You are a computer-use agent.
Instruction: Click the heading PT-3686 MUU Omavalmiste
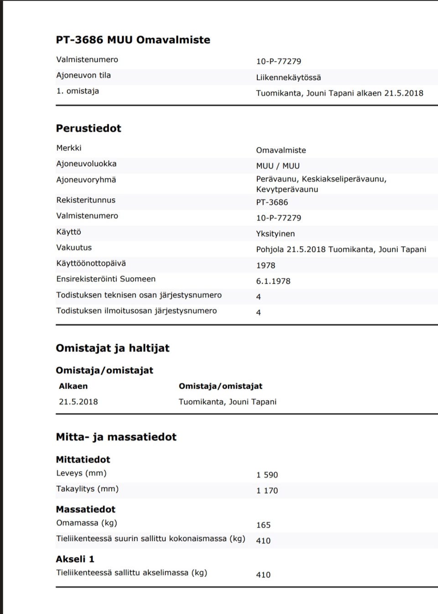point(133,40)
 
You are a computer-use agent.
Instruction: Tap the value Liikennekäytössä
point(288,78)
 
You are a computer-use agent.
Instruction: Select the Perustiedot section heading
point(89,128)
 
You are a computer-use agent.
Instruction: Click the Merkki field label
point(69,148)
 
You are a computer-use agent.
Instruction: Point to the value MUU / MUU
point(278,166)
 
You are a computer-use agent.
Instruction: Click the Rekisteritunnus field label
point(86,200)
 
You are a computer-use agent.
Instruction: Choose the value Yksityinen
point(275,234)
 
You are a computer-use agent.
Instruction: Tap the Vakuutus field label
point(74,248)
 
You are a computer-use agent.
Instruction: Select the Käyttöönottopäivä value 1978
point(266,265)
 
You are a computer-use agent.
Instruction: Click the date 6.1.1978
point(273,281)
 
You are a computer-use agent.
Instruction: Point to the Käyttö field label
point(68,232)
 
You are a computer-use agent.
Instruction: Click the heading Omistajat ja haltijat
point(112,348)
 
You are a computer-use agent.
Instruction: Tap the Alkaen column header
point(73,386)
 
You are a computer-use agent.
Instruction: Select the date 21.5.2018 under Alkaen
point(78,402)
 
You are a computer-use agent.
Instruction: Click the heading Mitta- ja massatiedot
point(116,437)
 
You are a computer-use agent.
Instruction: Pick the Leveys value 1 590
point(267,475)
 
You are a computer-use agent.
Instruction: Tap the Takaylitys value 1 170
point(267,491)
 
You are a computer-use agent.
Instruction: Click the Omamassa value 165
point(263,525)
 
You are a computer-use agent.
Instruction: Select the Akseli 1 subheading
point(75,559)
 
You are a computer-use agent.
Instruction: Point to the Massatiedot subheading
point(85,509)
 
